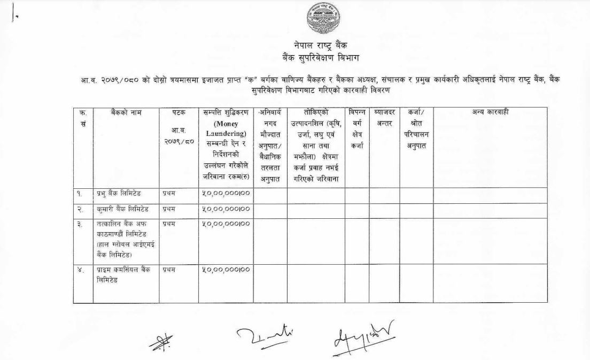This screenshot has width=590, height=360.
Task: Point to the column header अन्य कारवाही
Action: tap(490, 112)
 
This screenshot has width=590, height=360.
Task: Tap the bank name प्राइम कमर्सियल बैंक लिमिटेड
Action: tap(127, 274)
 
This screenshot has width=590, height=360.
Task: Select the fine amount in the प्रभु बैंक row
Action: tap(226, 195)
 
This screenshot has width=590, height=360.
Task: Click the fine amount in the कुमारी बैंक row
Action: tap(226, 209)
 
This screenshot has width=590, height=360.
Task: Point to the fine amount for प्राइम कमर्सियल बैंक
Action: tap(226, 270)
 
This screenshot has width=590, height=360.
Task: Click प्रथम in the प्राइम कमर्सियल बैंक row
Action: tap(169, 270)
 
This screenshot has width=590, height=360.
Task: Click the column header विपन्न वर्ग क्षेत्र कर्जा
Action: tap(356, 128)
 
